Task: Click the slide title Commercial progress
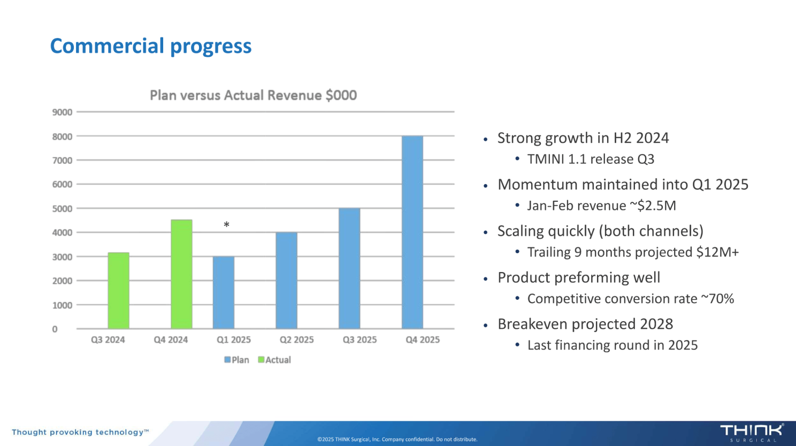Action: (x=150, y=46)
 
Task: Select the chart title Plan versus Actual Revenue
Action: (x=253, y=95)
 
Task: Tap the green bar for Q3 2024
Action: (x=118, y=291)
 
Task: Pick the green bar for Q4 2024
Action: (x=181, y=274)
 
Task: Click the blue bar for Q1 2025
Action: (x=224, y=292)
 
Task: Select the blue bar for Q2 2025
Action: (x=287, y=281)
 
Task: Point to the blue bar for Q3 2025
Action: (x=349, y=268)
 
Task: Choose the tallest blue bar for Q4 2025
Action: (x=412, y=232)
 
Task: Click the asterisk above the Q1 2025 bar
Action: (x=226, y=225)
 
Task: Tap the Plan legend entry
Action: (x=236, y=360)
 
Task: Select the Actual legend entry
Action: (x=274, y=360)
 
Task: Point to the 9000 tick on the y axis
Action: (x=62, y=112)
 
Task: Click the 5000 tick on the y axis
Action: (x=62, y=208)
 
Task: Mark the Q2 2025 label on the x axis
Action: (x=296, y=340)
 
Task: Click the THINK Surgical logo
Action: (x=752, y=432)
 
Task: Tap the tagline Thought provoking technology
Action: (x=80, y=432)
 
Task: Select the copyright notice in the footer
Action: (x=397, y=439)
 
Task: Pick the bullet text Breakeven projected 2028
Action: (x=585, y=324)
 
